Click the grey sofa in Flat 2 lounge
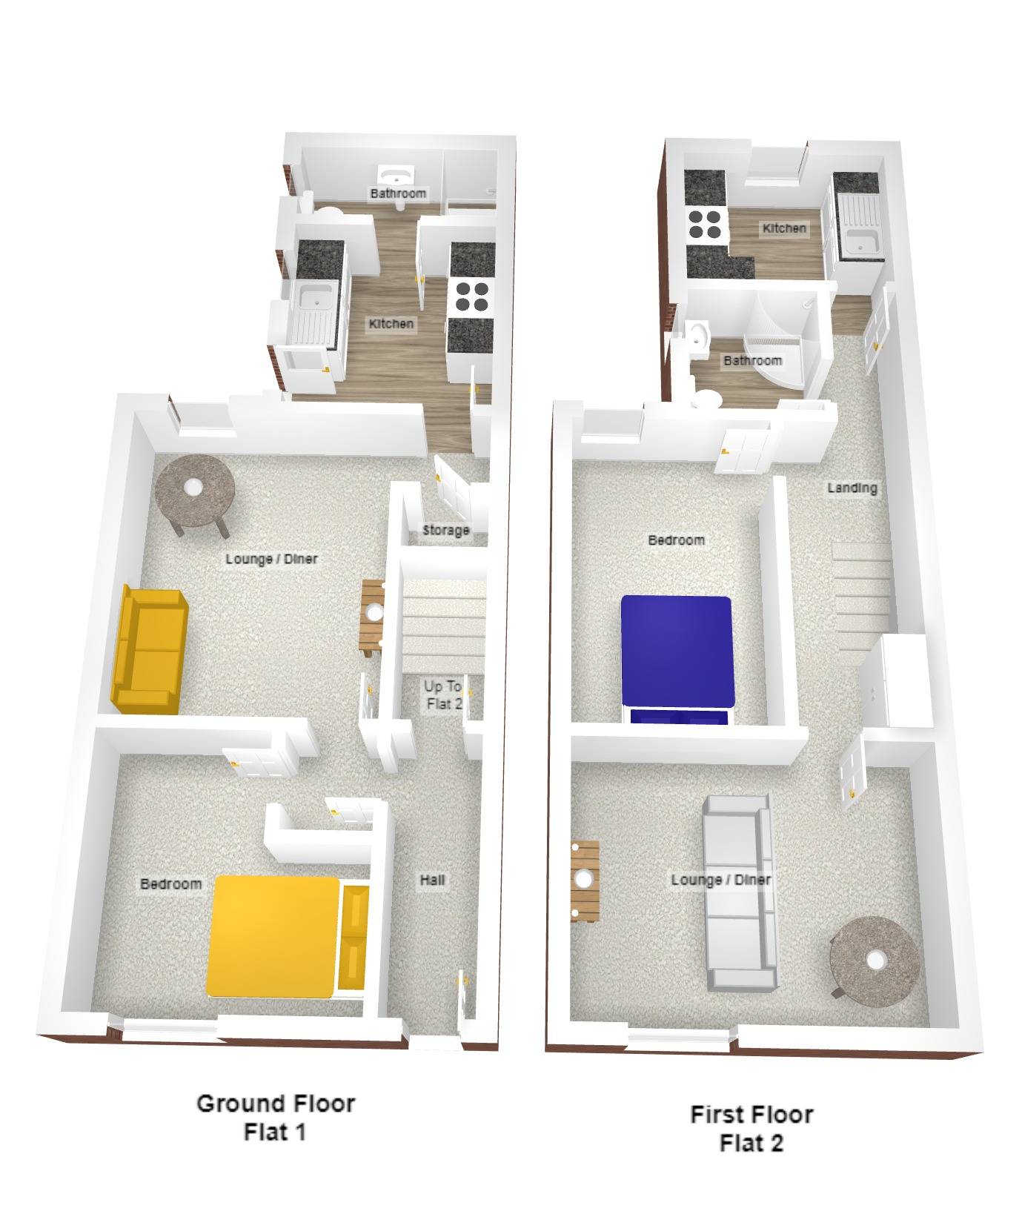tap(740, 893)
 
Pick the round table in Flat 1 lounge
tap(195, 493)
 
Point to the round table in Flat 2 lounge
tap(875, 961)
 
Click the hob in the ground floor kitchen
tap(471, 294)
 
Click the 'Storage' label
tap(445, 530)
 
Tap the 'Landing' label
tap(852, 488)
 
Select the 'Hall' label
tap(432, 879)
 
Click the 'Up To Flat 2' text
tap(443, 695)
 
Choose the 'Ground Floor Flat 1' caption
tap(276, 1117)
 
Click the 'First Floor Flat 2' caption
tap(751, 1127)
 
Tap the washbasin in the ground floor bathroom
tap(396, 174)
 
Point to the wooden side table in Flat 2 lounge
tap(585, 881)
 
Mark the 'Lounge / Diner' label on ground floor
tap(271, 558)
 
